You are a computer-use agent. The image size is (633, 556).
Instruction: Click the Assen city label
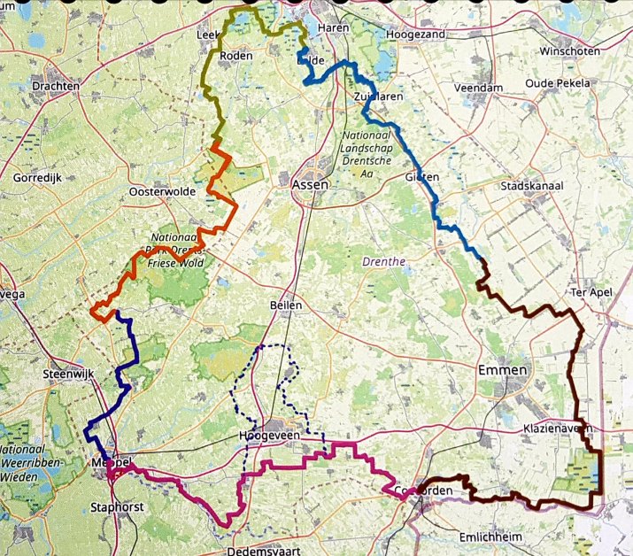[x=309, y=185]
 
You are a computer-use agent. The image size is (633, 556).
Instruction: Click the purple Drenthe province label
[x=382, y=261]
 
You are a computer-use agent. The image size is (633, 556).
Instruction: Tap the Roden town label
[x=235, y=55]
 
